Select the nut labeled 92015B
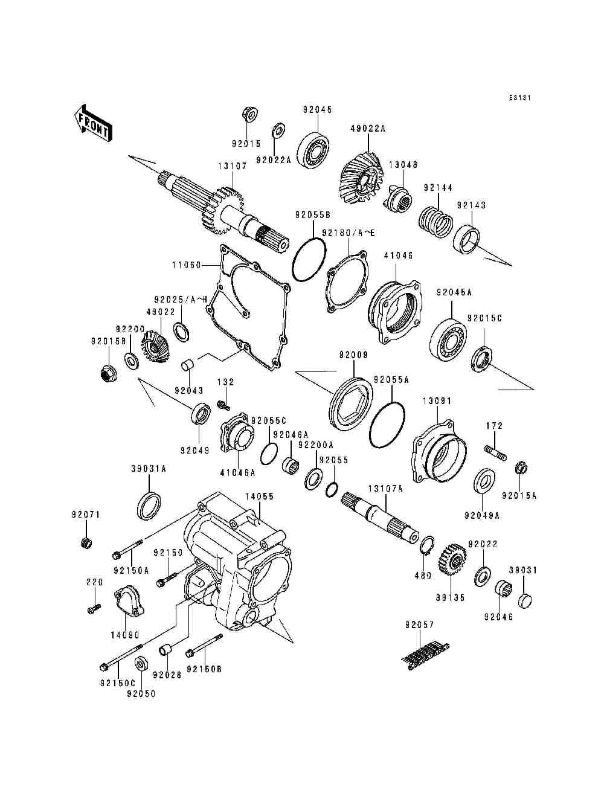(108, 373)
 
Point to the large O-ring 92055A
(387, 425)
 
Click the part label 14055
(259, 496)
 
